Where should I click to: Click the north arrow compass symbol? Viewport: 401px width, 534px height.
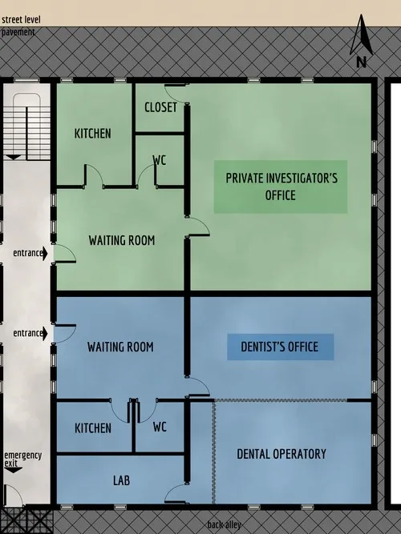[361, 44]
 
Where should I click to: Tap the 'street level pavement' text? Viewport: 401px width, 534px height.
[21, 26]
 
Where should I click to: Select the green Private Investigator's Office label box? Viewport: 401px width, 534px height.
[280, 187]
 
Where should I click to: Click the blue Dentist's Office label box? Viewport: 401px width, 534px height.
[280, 347]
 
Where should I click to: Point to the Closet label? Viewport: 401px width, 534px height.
[160, 107]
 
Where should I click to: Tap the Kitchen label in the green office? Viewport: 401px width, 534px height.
[93, 133]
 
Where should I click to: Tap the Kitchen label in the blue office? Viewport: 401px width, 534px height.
[93, 428]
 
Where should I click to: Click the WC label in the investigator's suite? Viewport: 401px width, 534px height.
[160, 160]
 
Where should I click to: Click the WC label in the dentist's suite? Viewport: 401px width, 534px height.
[160, 428]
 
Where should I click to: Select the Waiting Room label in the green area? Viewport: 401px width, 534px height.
[121, 240]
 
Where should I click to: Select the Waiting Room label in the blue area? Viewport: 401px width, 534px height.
[120, 347]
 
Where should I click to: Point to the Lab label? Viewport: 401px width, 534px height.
[121, 480]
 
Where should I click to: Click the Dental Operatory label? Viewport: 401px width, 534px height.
[282, 454]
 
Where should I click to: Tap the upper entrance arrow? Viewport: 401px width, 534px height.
[45, 253]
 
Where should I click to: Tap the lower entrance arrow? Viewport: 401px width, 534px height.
[45, 333]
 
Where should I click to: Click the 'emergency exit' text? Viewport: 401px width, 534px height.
[22, 459]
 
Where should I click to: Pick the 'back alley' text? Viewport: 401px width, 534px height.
[225, 525]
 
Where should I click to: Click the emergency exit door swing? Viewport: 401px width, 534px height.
[14, 496]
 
